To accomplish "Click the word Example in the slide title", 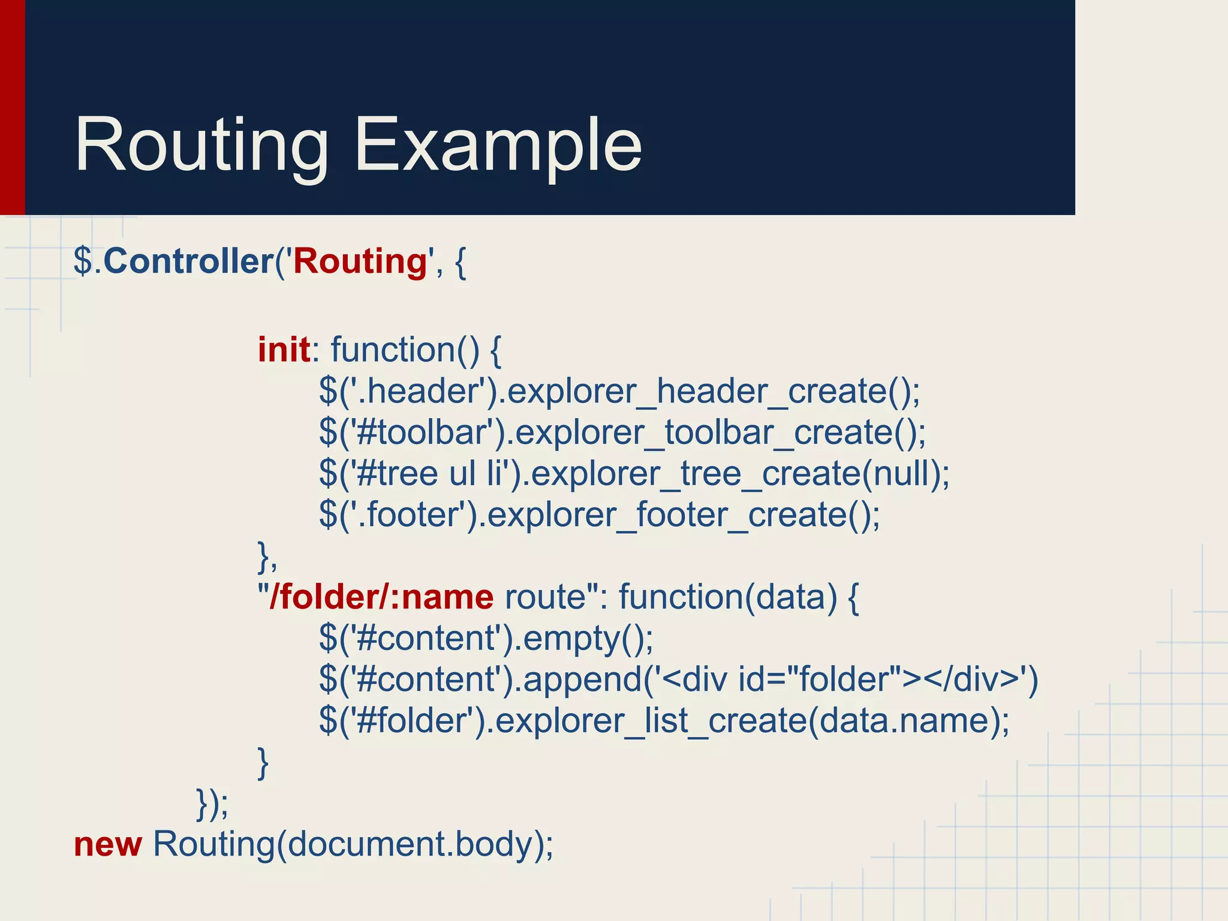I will click(x=498, y=146).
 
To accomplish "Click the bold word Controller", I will click(x=188, y=261).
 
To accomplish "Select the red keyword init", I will click(x=284, y=350).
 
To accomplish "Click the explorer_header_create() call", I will click(x=714, y=392).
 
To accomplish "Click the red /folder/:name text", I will click(x=381, y=597).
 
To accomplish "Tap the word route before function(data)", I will click(x=544, y=597).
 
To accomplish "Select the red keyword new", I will click(x=108, y=844).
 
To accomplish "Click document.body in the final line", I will click(x=410, y=844).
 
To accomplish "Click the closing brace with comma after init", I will click(x=267, y=556).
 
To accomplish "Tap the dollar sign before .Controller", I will click(x=83, y=261).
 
